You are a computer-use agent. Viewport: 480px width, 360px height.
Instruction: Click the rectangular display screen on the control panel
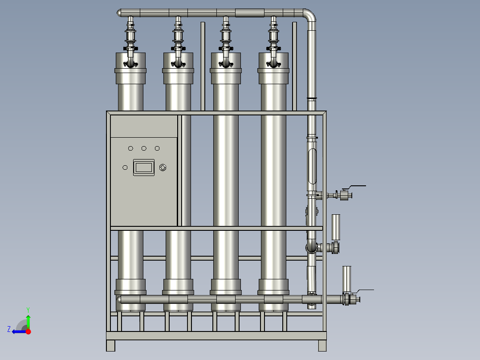click(143, 168)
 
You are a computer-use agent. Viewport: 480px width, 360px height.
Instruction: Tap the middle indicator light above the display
click(144, 148)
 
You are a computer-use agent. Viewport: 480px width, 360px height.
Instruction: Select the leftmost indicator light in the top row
click(131, 148)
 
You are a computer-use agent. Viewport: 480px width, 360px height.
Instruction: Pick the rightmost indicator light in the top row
click(157, 148)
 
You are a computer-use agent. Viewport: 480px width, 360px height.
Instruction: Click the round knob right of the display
click(163, 168)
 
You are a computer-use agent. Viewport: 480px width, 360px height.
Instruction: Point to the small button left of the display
click(125, 168)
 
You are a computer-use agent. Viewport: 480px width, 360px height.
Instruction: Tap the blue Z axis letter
click(9, 329)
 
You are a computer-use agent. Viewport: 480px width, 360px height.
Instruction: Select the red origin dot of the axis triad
click(28, 331)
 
